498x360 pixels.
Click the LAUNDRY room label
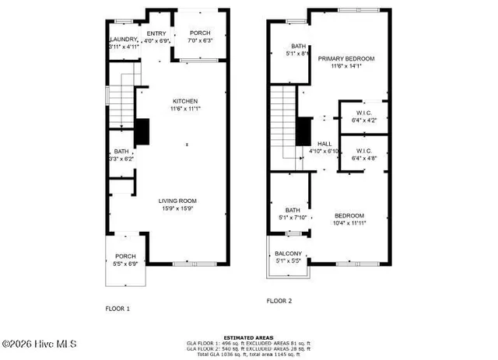tap(123, 39)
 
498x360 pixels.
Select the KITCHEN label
tap(185, 101)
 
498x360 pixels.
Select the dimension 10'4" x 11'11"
tap(349, 224)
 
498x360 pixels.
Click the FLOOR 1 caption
tap(117, 309)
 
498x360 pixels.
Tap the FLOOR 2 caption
tap(279, 301)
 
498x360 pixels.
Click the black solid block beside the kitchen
tap(142, 131)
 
